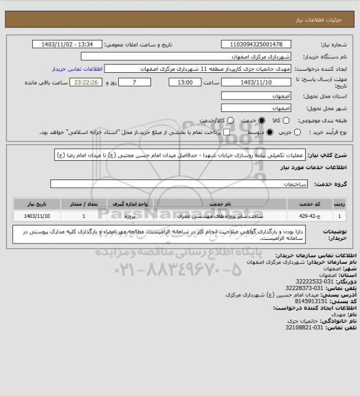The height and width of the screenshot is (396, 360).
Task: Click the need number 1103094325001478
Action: pos(261,45)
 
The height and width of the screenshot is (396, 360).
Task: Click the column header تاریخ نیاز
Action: pos(32,205)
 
